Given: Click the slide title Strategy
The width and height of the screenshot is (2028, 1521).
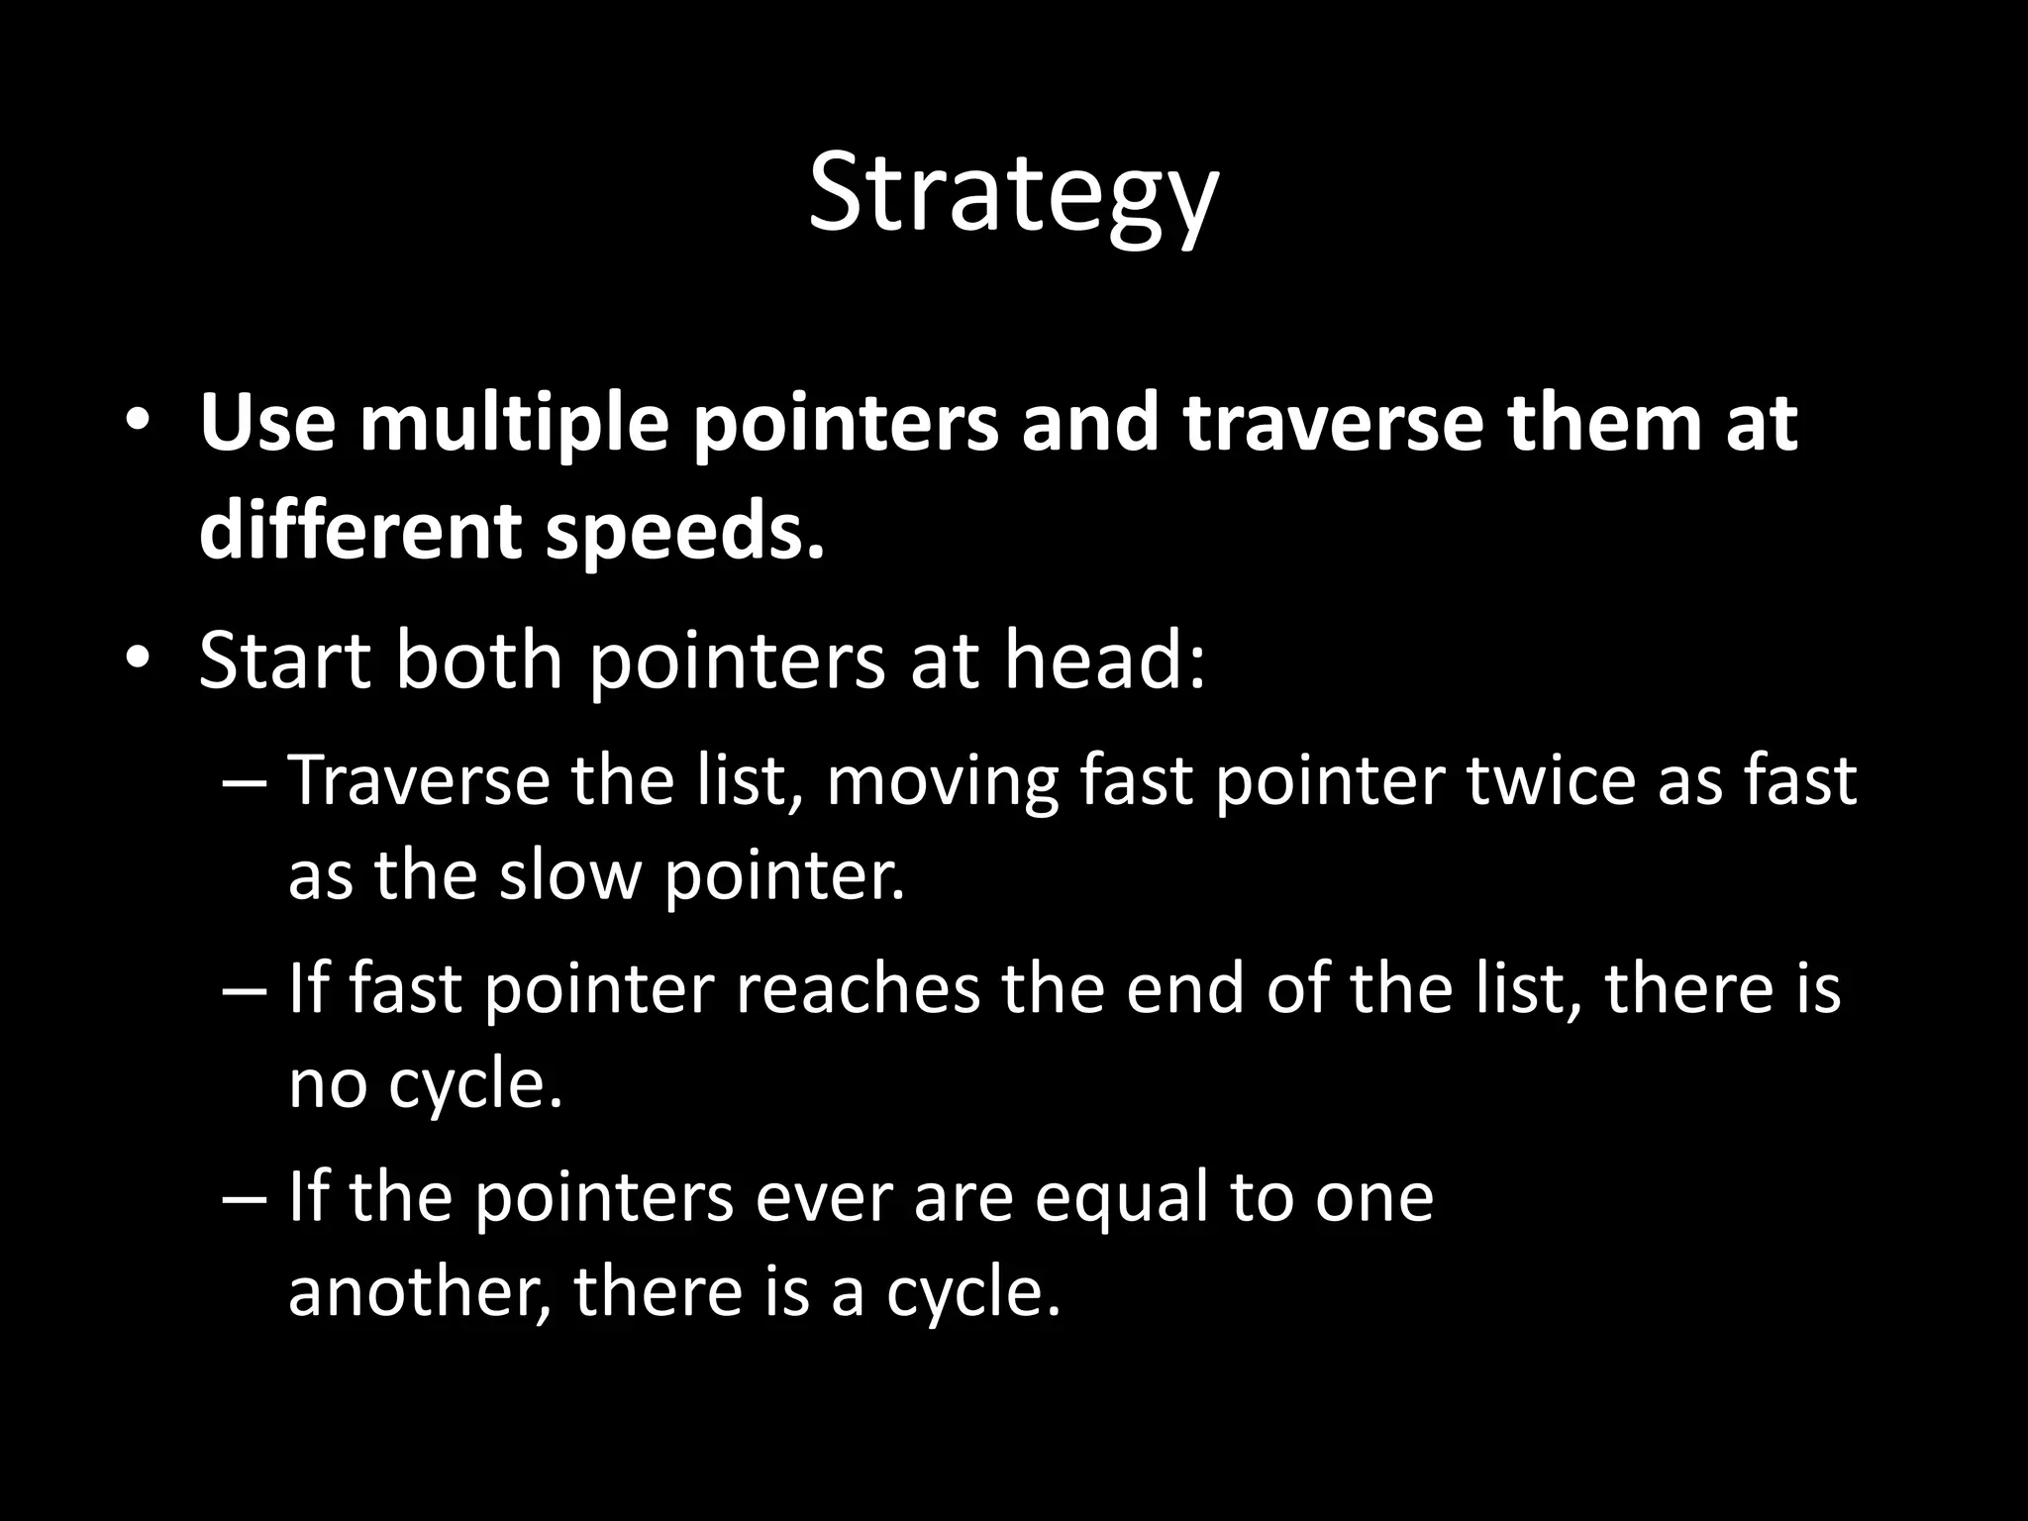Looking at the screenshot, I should [1012, 194].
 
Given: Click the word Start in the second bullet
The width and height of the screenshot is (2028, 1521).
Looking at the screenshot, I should [285, 660].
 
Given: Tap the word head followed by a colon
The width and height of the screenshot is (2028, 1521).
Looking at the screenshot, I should [1105, 660].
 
